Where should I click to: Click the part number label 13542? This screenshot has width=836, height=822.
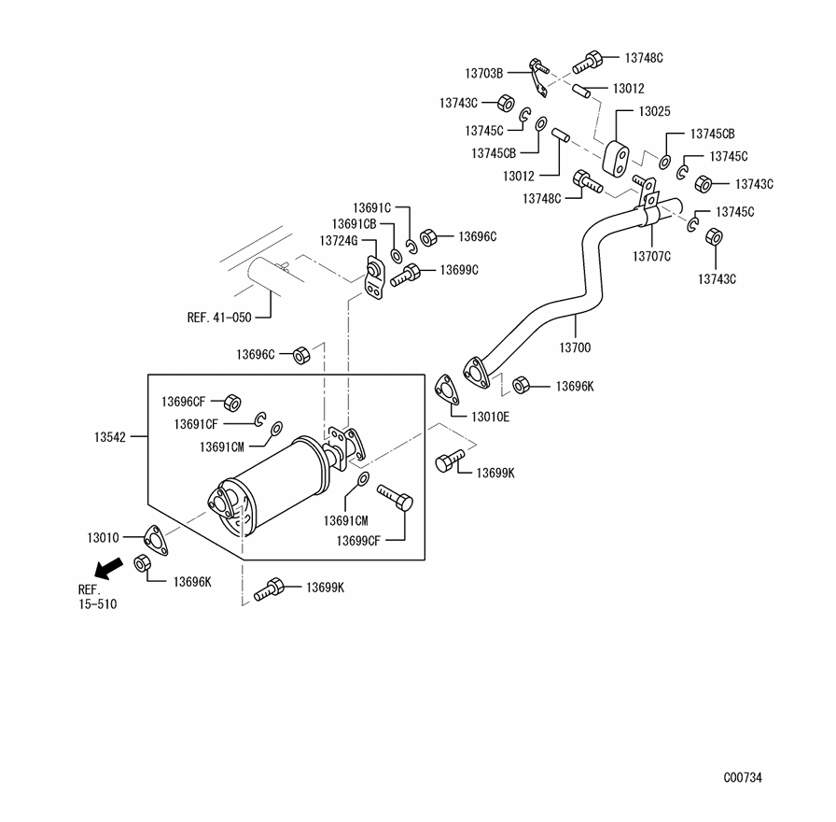[110, 437]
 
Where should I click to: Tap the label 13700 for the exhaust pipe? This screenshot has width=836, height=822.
[575, 347]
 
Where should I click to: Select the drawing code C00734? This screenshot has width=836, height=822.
[743, 777]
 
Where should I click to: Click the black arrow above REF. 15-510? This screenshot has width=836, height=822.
[108, 568]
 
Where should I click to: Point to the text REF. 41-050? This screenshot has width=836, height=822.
[219, 318]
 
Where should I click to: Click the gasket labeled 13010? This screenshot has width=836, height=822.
[156, 540]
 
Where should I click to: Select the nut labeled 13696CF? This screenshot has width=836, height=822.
[232, 403]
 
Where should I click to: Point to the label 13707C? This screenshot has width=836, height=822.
[651, 257]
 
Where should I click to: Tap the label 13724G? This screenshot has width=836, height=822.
[339, 241]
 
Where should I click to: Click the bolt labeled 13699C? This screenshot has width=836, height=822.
[405, 275]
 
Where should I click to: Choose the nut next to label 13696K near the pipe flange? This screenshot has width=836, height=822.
[521, 385]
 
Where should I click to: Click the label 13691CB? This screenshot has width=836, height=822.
[354, 224]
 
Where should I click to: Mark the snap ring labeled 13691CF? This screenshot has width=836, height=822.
[259, 419]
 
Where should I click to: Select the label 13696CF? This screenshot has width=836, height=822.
[184, 402]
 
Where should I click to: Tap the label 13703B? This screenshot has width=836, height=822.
[484, 74]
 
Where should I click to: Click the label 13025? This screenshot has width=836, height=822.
[654, 111]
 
